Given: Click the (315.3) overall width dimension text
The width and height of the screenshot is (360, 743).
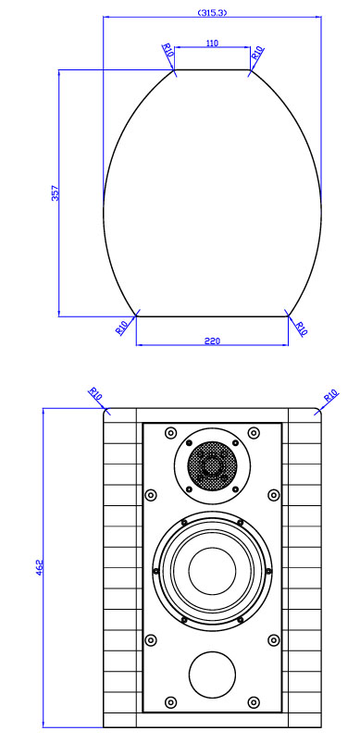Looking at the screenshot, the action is click(212, 13).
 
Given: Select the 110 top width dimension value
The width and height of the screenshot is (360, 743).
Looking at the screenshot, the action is click(212, 43).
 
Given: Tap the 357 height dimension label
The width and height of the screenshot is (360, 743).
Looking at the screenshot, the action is click(56, 192).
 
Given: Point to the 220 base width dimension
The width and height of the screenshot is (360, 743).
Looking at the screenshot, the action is click(212, 341).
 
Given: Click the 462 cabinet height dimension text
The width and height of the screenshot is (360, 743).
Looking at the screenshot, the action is click(39, 568).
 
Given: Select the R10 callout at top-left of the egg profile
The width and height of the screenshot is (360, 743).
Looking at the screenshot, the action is click(168, 50).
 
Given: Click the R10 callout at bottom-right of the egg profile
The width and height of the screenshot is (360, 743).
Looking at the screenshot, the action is click(301, 328).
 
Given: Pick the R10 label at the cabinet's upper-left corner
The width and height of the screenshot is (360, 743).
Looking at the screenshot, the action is click(95, 394).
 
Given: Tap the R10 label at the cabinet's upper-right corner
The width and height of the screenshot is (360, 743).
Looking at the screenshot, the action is click(331, 395).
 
